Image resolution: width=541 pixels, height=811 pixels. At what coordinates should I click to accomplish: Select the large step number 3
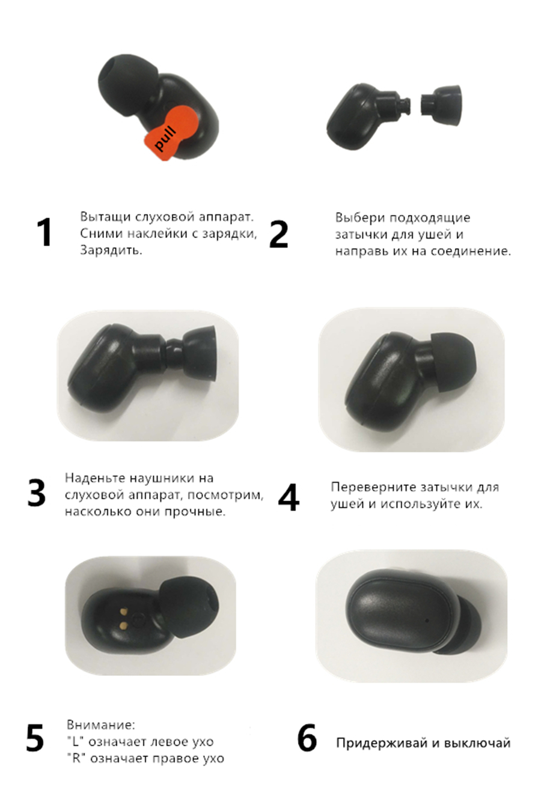pyautogui.click(x=37, y=493)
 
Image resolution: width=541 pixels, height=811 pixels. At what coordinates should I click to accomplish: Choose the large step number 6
pyautogui.click(x=307, y=737)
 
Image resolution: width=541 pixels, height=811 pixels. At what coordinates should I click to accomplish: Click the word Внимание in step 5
pyautogui.click(x=101, y=724)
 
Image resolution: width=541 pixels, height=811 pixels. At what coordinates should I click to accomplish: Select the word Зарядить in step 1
pyautogui.click(x=111, y=250)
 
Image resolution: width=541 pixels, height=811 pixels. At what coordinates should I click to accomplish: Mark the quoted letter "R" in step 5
pyautogui.click(x=76, y=757)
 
